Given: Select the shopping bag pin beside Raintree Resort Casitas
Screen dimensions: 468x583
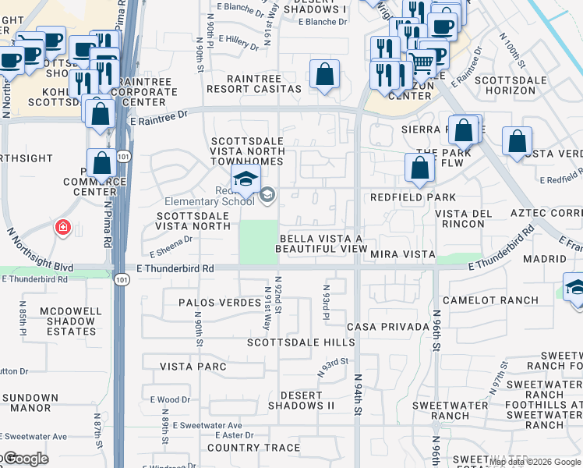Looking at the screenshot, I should point(324,76).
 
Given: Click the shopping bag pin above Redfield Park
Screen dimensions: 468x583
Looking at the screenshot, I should point(419,168).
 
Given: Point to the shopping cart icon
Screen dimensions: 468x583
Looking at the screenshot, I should point(422,61).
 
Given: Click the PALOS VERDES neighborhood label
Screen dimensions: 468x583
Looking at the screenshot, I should point(220,302).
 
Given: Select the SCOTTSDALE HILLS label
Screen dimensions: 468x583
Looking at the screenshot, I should point(301,342).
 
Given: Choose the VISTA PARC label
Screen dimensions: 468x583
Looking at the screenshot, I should point(193,366).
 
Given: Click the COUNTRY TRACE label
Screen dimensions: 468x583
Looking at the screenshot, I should point(253,448).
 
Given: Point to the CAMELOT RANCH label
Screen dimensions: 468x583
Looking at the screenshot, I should point(490,300).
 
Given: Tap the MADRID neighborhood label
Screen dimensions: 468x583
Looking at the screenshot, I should point(545,258).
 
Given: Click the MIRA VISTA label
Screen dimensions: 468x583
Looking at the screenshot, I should point(401,254).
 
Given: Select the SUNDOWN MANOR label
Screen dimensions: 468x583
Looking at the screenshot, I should point(30,402).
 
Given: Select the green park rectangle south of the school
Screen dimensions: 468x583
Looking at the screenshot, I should point(257,242).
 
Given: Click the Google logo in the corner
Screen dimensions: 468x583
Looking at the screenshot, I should point(25,459).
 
